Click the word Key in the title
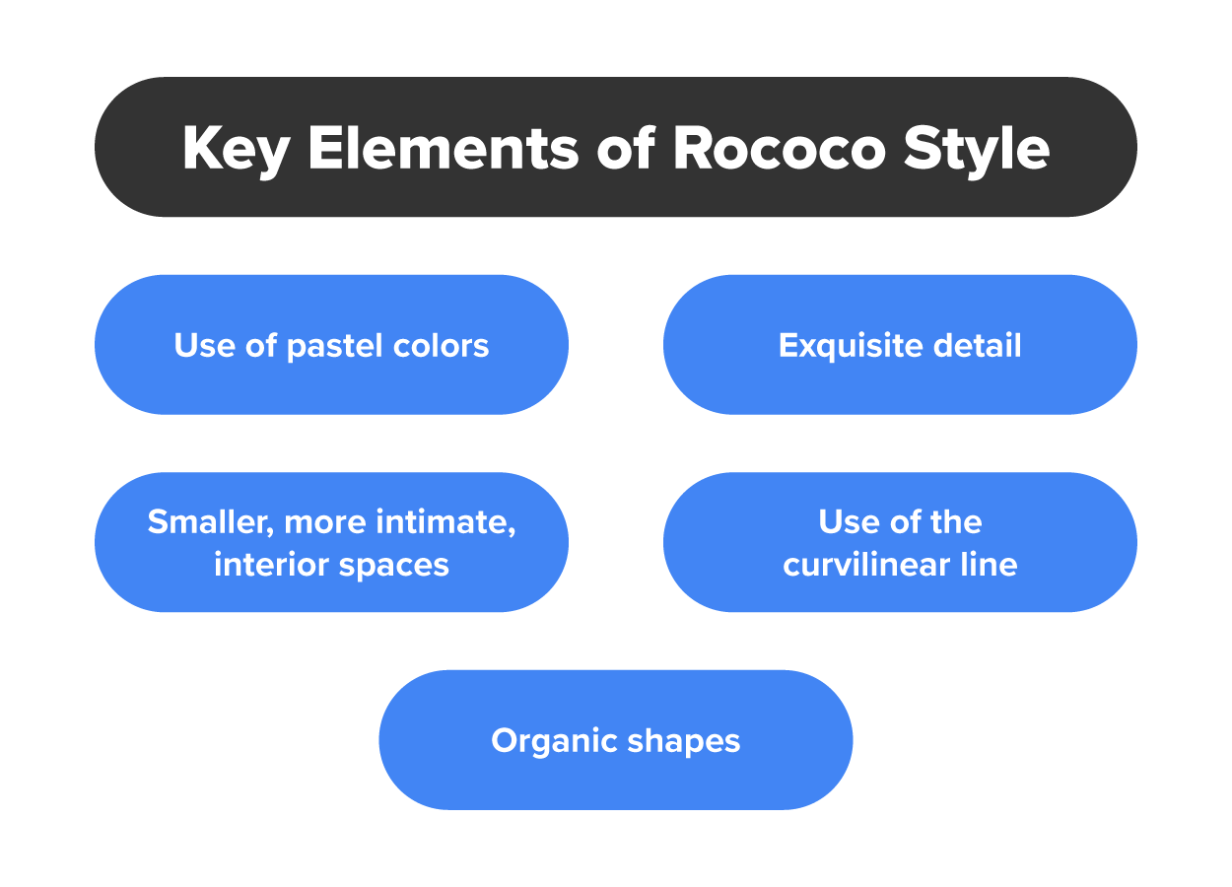(237, 150)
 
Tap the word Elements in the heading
(444, 148)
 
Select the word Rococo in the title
(780, 149)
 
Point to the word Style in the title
(977, 150)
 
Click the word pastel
(335, 347)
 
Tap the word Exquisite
(851, 346)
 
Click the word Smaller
(211, 522)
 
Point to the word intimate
(445, 522)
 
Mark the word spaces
(394, 567)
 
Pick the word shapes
(684, 741)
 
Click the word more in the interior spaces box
(324, 523)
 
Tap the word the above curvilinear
(955, 520)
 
